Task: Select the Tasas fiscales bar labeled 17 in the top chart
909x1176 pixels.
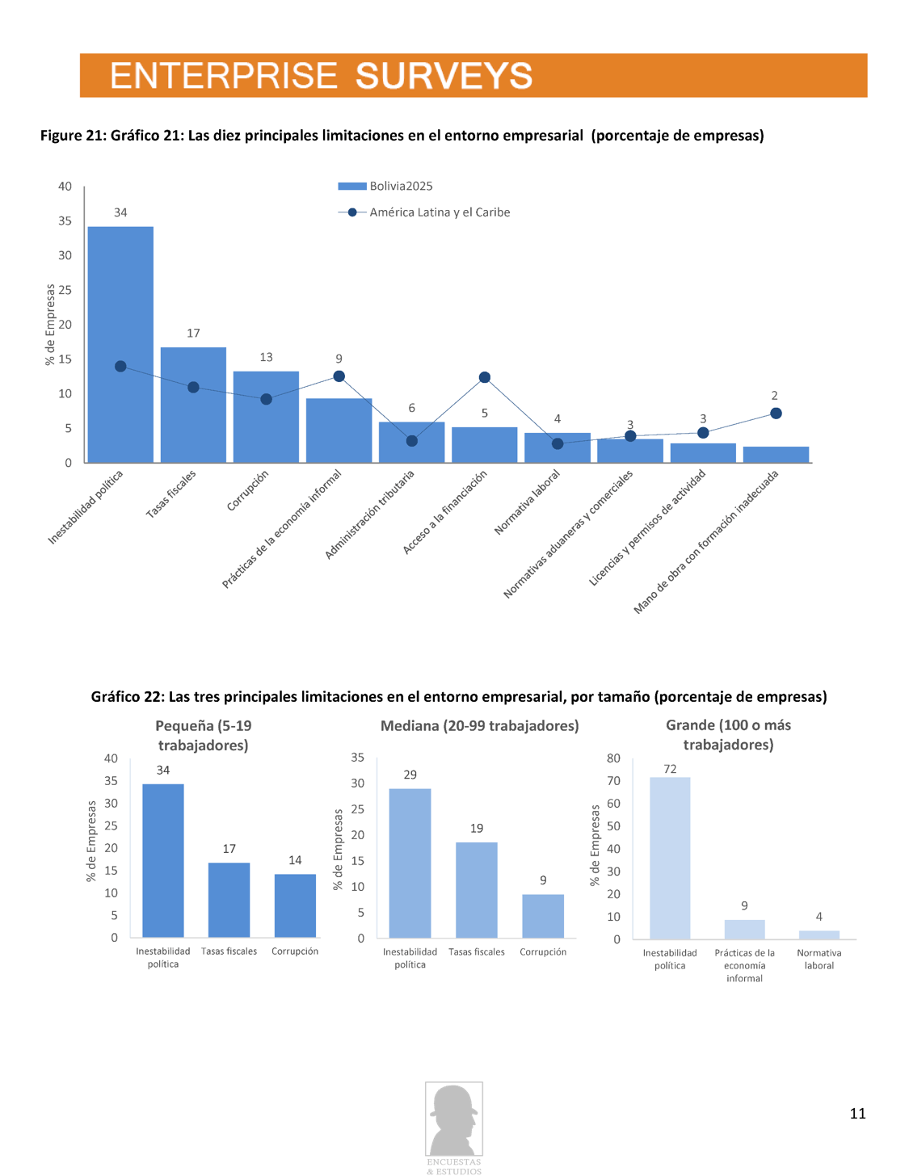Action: click(193, 405)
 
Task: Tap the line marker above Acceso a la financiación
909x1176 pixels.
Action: click(485, 377)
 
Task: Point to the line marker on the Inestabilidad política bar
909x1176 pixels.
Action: click(120, 367)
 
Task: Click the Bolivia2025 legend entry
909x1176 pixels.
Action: click(385, 187)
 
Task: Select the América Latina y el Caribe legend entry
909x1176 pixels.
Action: click(424, 212)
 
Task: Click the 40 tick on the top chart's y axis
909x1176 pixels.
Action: click(65, 187)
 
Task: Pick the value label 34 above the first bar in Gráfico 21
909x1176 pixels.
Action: click(120, 212)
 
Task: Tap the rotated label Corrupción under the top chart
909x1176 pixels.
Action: click(247, 490)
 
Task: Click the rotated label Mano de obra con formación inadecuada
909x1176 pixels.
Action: click(706, 542)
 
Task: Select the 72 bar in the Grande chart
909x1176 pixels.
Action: click(670, 858)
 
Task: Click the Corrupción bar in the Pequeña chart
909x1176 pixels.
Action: click(295, 905)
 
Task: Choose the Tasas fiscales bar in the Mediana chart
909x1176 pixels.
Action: click(477, 889)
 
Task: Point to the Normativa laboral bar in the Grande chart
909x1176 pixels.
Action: click(819, 934)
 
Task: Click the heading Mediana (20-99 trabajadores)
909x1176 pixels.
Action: click(479, 726)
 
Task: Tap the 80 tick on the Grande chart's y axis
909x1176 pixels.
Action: click(613, 758)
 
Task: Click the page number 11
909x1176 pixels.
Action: click(857, 1114)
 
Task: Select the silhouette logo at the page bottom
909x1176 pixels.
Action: click(454, 1120)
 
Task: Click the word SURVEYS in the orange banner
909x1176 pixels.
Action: click(444, 76)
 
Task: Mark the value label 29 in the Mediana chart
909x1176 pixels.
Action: click(410, 775)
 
